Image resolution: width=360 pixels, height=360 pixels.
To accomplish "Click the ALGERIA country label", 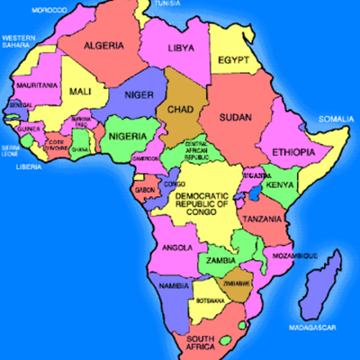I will coord(103,45).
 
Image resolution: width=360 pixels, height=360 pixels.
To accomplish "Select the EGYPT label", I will coord(232,60).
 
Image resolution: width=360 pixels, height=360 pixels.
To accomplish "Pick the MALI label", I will coord(79,90).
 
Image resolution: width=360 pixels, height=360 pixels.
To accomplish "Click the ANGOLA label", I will coord(177,245).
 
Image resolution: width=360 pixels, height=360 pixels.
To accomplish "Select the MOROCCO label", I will coord(49,9).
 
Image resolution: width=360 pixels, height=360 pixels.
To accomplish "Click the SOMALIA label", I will coord(337,118).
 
